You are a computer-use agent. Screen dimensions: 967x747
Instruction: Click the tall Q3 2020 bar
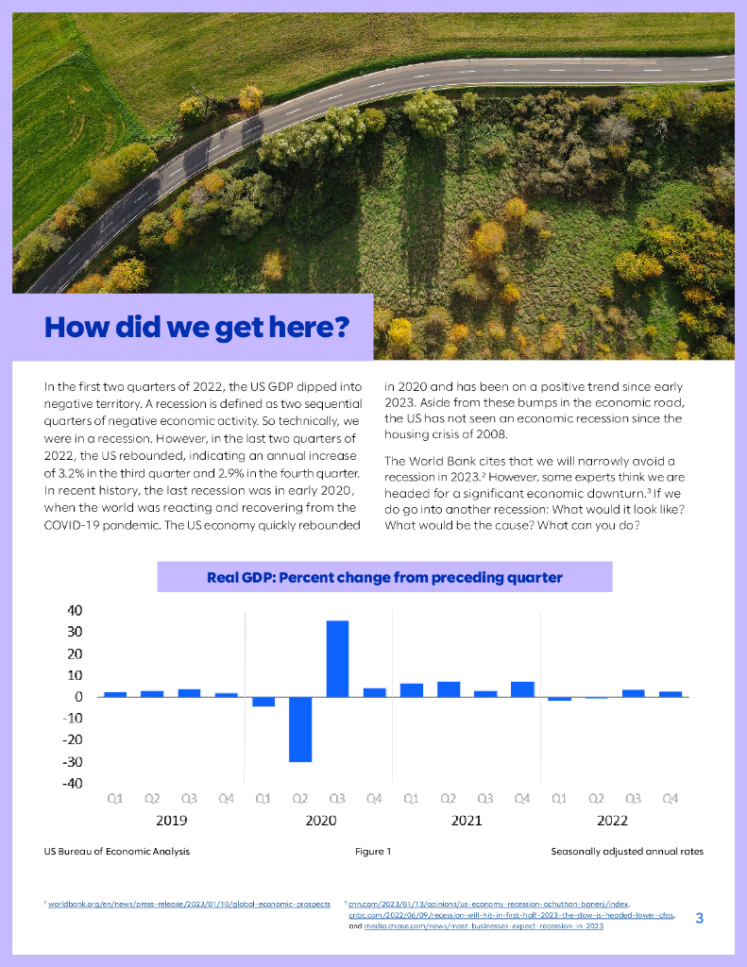pos(337,658)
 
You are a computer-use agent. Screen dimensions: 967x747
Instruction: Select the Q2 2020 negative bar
pos(300,729)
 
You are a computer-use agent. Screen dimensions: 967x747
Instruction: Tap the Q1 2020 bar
pos(263,702)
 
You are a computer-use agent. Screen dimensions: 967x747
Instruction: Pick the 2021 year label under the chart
pos(467,821)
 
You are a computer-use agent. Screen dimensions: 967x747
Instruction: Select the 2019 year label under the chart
pos(170,821)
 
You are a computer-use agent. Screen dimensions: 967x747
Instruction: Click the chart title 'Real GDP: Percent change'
pos(384,577)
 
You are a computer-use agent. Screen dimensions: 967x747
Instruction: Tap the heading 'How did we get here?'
pos(196,328)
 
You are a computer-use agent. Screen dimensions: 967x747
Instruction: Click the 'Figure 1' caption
pos(373,852)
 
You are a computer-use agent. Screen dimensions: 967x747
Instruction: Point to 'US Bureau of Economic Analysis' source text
pos(117,852)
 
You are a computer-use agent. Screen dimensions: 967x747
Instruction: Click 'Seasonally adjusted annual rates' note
pos(627,852)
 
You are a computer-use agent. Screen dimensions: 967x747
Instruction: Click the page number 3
pos(699,918)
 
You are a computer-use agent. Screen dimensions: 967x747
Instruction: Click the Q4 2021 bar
pos(522,689)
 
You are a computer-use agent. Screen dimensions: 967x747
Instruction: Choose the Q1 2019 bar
pos(115,694)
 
